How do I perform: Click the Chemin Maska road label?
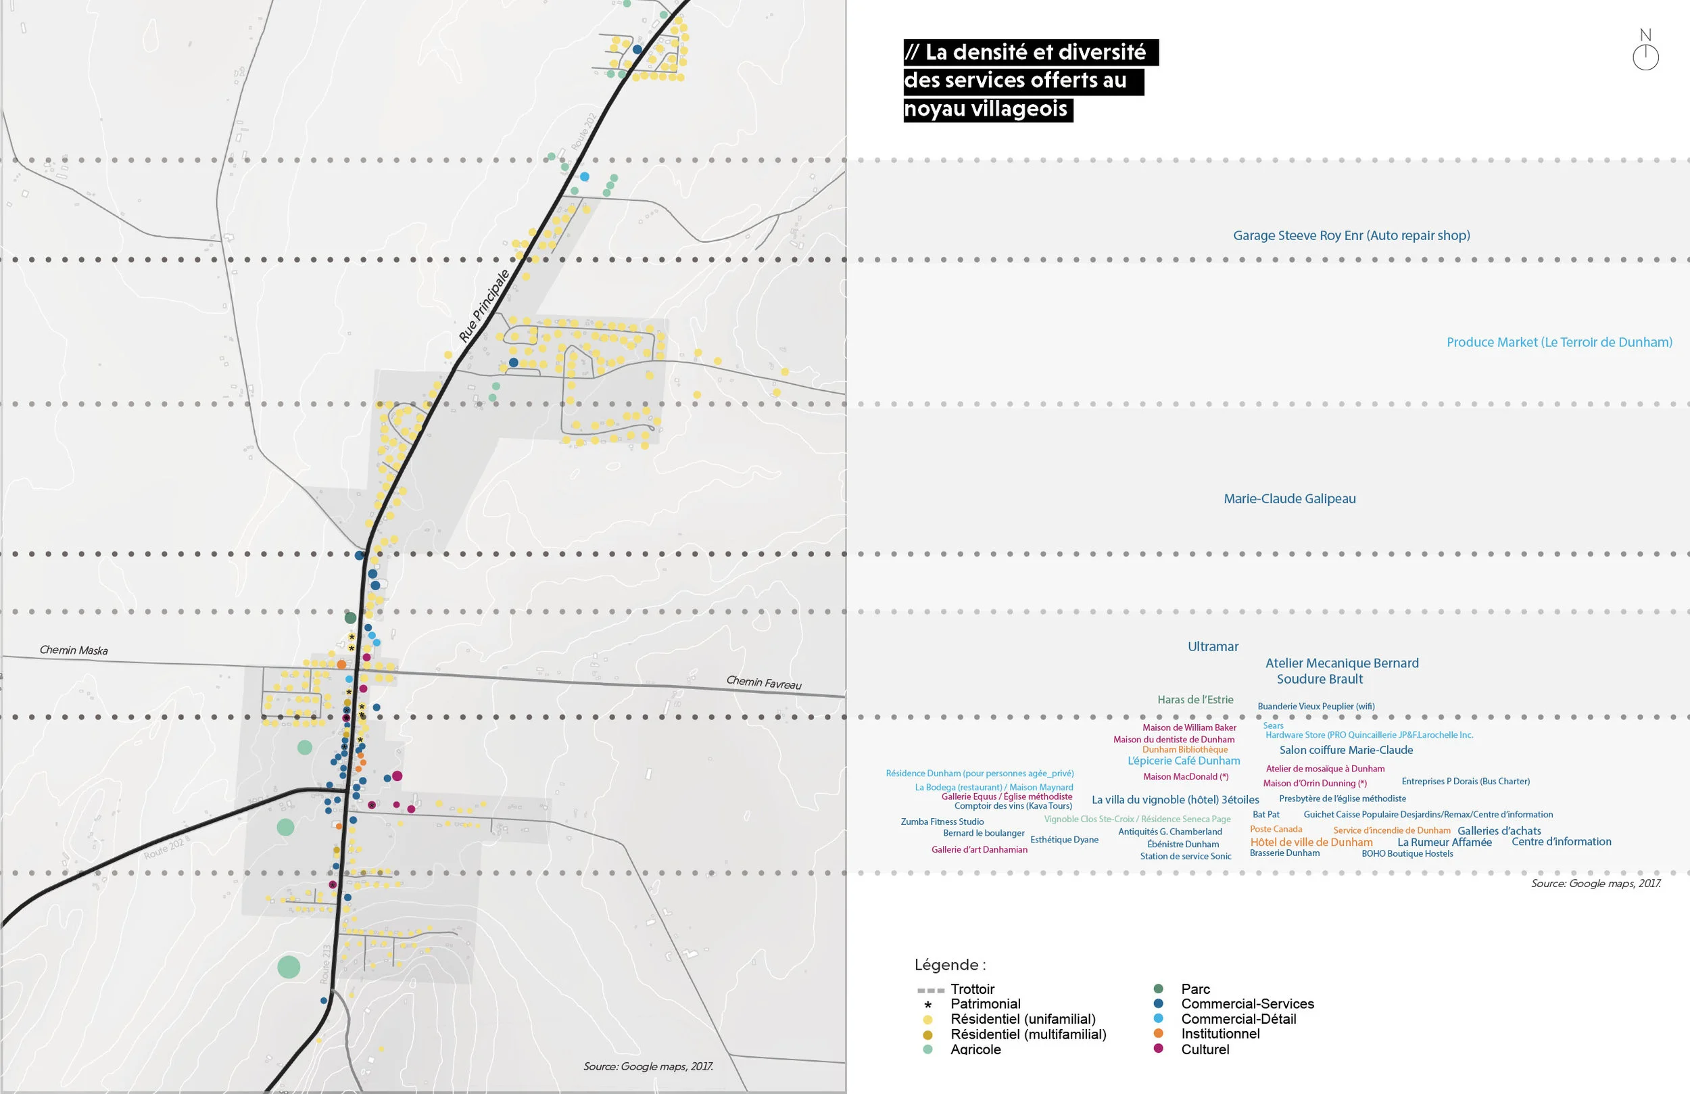click(x=74, y=650)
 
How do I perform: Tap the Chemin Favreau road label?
click(x=763, y=683)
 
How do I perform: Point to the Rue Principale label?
click(x=484, y=306)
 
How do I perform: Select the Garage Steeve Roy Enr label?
click(x=1351, y=235)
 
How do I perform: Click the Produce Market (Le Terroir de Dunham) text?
click(x=1559, y=341)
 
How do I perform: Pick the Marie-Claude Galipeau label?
click(x=1290, y=499)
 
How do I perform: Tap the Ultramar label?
click(x=1213, y=646)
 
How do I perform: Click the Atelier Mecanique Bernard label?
click(x=1341, y=663)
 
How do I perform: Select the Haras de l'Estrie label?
click(x=1195, y=700)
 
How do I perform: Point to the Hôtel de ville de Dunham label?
click(x=1311, y=842)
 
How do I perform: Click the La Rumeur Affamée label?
click(x=1445, y=842)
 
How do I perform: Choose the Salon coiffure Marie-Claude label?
click(x=1346, y=749)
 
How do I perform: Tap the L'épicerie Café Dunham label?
click(x=1184, y=760)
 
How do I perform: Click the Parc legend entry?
click(x=1195, y=989)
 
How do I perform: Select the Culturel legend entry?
click(x=1205, y=1049)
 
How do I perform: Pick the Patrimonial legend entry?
click(x=985, y=1004)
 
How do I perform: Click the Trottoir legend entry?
click(x=972, y=989)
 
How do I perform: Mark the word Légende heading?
click(x=949, y=965)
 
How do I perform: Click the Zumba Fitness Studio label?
click(x=942, y=822)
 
